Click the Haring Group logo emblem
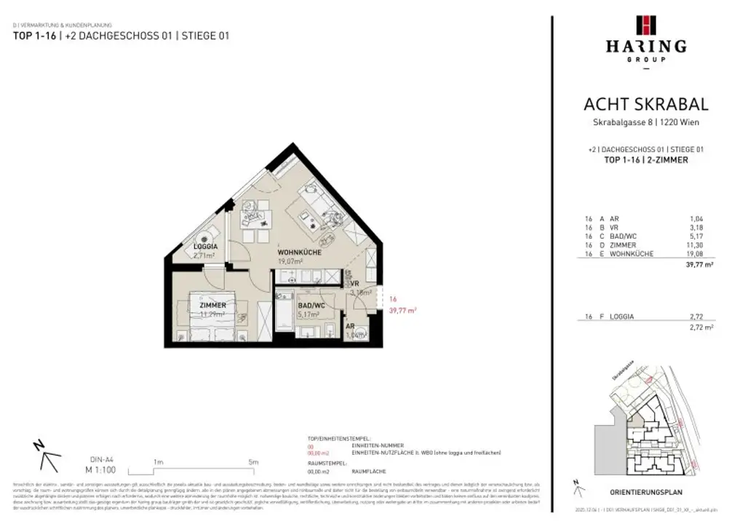645,25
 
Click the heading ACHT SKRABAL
645,105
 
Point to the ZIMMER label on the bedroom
213,305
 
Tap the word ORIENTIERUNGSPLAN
645,491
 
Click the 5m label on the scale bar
252,461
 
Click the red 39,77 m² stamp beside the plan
402,310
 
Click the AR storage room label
351,327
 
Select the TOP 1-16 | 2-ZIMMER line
645,160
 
